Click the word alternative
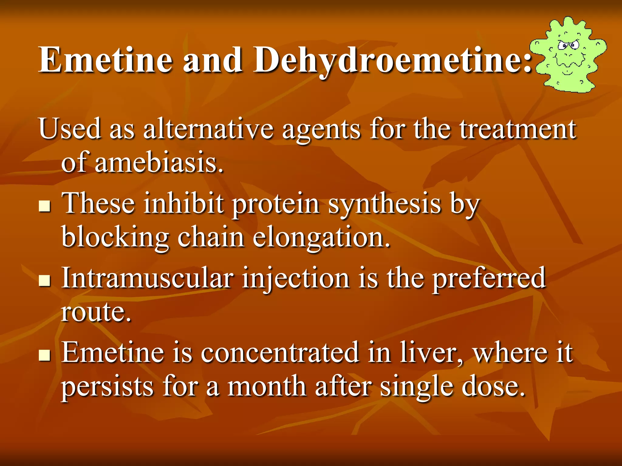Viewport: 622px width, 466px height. click(x=208, y=129)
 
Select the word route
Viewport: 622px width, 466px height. click(x=96, y=312)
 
